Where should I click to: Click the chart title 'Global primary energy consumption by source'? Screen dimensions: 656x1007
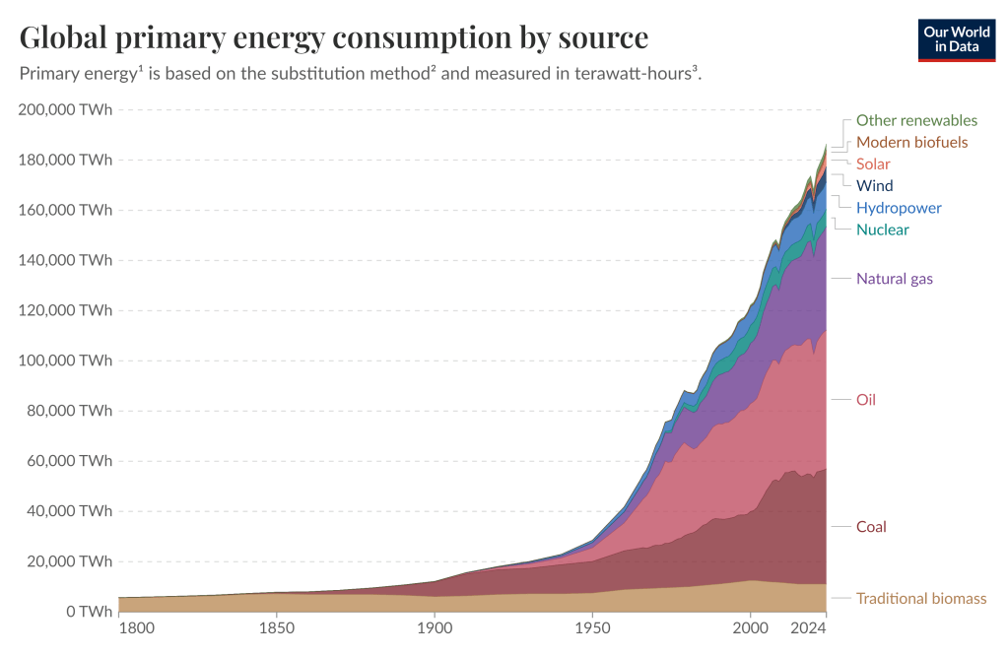click(x=334, y=37)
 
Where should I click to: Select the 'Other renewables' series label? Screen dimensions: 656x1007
click(x=916, y=120)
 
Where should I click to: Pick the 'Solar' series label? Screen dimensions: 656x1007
click(x=873, y=164)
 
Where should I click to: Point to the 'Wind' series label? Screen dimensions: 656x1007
click(x=875, y=185)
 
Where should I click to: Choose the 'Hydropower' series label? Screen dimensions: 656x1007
click(x=899, y=208)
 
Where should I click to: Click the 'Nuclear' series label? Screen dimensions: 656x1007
click(x=883, y=230)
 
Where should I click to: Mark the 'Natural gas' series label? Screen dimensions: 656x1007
click(x=895, y=279)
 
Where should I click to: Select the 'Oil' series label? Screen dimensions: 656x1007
click(x=866, y=400)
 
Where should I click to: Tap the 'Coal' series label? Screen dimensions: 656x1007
click(x=871, y=527)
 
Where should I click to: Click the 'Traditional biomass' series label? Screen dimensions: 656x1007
click(x=921, y=598)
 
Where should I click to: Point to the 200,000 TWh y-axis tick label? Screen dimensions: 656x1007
click(x=65, y=109)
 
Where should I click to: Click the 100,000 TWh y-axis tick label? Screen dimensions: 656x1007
click(x=65, y=361)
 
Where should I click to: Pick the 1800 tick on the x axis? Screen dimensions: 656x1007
click(x=135, y=628)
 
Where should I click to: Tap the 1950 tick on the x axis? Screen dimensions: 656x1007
click(x=591, y=628)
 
